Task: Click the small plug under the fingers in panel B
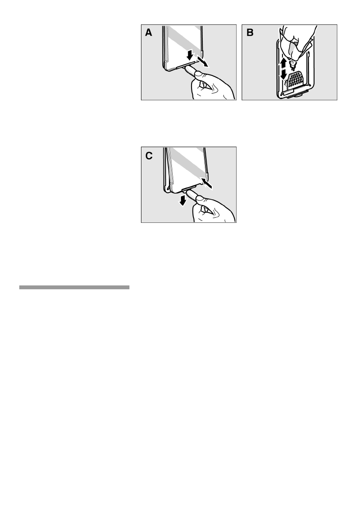click(292, 64)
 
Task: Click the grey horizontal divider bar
click(74, 288)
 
